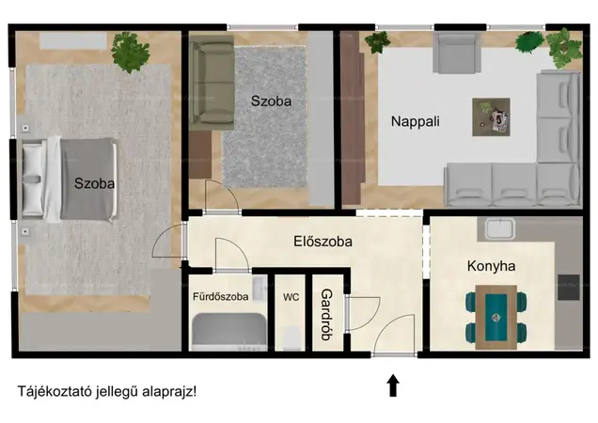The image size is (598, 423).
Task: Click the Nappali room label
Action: coord(416,121)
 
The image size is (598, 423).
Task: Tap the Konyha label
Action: coord(491,266)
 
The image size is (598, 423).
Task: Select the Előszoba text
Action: coord(323,242)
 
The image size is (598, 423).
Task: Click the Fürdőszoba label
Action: coord(220,296)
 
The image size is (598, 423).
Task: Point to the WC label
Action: coord(291,297)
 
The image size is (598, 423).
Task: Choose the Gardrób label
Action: coord(327,315)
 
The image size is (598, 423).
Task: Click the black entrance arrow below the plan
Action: coord(393,385)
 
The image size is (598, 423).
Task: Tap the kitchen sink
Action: coord(499,228)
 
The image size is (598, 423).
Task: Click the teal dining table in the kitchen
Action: coord(496,318)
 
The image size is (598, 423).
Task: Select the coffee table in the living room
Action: coord(491,117)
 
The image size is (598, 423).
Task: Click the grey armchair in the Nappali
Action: coord(457,53)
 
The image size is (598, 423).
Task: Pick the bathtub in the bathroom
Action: coord(228,331)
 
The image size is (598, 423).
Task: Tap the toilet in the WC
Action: coord(291,337)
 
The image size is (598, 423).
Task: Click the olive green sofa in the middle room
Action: coord(212,83)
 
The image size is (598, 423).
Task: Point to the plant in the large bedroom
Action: coord(130,52)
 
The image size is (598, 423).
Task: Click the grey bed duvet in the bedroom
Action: coord(88,180)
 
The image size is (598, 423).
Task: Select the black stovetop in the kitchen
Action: coord(569,288)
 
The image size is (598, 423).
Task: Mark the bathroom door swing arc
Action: coord(240,248)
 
